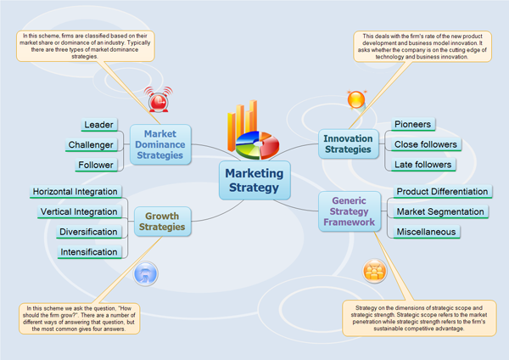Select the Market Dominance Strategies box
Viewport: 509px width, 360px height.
pos(160,144)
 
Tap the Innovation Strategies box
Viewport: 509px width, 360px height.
pos(348,143)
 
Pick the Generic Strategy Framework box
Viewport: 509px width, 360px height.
pos(348,211)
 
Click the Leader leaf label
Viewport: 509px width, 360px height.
pos(99,125)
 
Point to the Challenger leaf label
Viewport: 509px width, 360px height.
pos(90,145)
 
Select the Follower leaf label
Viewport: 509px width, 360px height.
pos(95,166)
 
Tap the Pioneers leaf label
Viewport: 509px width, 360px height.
pos(413,124)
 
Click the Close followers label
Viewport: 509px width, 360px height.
pos(427,144)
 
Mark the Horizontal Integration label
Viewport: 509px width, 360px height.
pos(75,192)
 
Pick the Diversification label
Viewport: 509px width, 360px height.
pos(88,232)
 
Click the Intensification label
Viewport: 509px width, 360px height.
pos(88,252)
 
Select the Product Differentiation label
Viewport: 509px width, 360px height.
pos(442,192)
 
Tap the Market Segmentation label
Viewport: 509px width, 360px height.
pos(440,211)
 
